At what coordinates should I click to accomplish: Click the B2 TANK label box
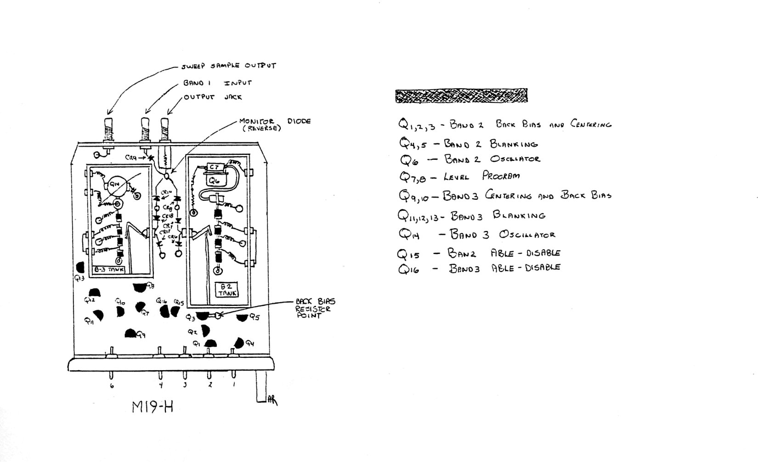click(226, 290)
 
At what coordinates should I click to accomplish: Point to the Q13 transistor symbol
click(80, 267)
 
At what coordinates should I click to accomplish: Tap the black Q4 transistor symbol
click(239, 343)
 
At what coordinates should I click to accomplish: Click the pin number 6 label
click(112, 386)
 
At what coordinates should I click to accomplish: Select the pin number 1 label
click(234, 384)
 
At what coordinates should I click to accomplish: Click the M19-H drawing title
click(153, 407)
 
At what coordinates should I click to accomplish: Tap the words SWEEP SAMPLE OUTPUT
click(228, 66)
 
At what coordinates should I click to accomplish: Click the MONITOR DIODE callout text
click(274, 124)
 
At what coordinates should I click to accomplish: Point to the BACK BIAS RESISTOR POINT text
click(315, 308)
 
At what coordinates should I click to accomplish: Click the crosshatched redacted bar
click(461, 96)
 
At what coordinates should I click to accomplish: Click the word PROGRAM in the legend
click(501, 176)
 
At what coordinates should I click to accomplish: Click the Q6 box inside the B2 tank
click(215, 181)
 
